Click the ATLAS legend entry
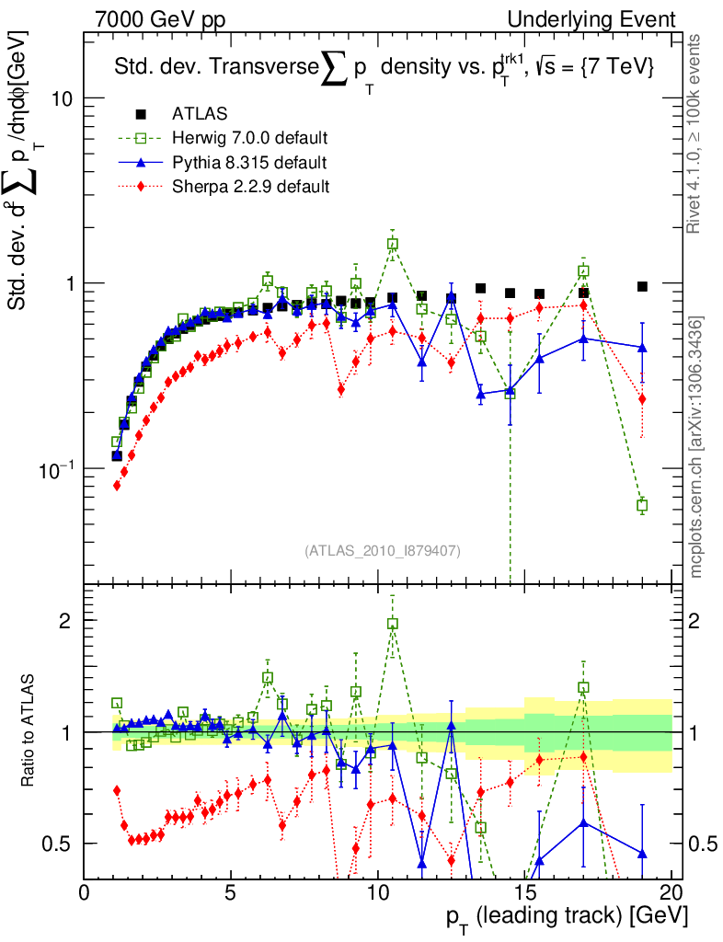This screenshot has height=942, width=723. (x=192, y=114)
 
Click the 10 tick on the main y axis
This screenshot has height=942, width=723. (x=62, y=98)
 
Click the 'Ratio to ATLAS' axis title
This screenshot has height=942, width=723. (x=29, y=731)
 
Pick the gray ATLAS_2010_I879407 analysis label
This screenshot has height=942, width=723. (x=382, y=550)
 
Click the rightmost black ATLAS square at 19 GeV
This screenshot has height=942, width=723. (x=642, y=286)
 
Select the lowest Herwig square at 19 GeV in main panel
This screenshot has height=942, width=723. (x=642, y=505)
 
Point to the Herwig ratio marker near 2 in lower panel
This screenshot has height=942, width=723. (x=393, y=623)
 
